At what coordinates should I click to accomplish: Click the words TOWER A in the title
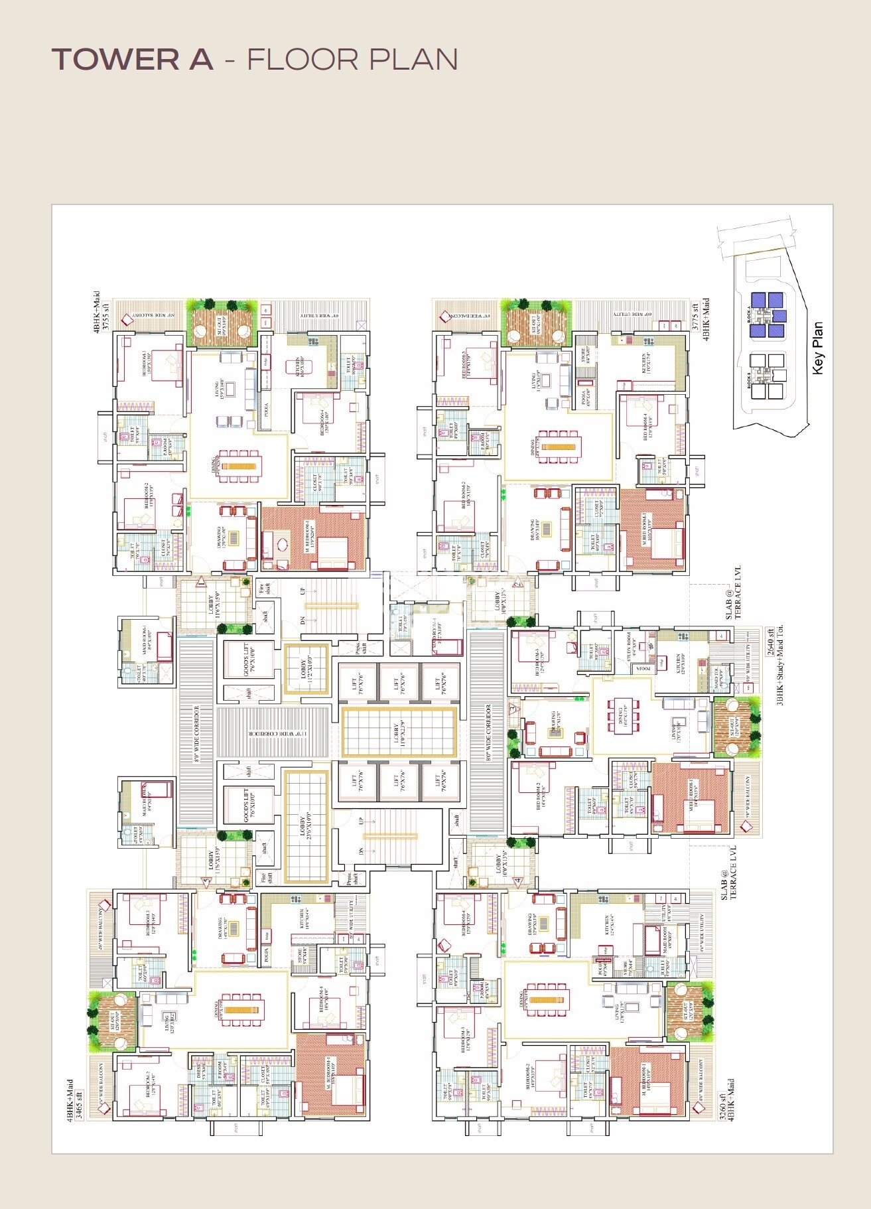click(133, 60)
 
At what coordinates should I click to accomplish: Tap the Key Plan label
click(818, 348)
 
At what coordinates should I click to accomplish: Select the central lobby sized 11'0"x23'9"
click(399, 732)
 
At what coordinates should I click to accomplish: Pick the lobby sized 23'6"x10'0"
click(306, 826)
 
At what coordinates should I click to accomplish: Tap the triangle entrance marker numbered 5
click(206, 882)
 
